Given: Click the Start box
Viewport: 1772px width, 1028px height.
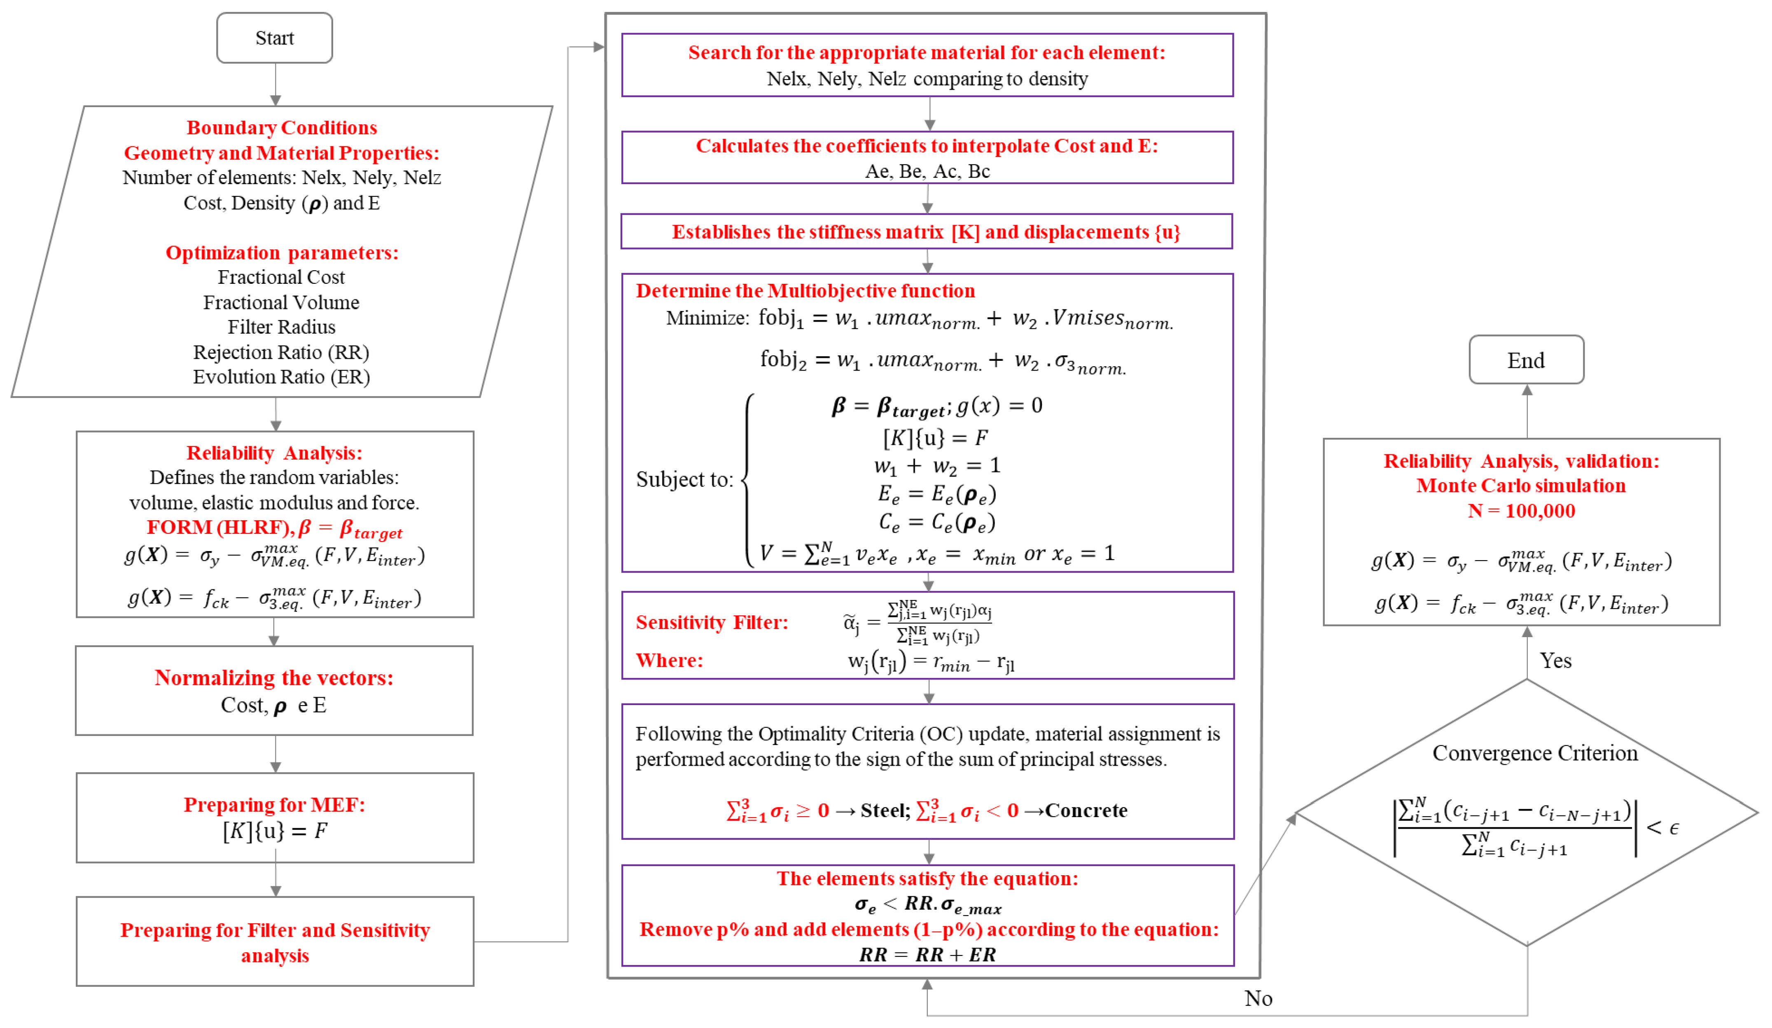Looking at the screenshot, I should (x=274, y=38).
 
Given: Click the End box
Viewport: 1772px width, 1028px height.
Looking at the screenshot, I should (x=1525, y=360).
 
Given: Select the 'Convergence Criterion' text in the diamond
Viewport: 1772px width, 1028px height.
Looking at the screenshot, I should (x=1534, y=753).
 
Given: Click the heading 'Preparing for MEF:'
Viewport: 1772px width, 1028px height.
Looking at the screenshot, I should (x=274, y=804).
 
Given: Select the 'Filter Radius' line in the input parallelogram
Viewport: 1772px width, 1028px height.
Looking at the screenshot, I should (x=281, y=327).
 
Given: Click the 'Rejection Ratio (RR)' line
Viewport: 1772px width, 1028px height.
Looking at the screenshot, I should (x=281, y=352).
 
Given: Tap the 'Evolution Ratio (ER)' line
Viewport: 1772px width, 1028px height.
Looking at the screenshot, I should (x=281, y=377).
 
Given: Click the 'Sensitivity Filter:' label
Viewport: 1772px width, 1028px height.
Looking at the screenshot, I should (x=712, y=622).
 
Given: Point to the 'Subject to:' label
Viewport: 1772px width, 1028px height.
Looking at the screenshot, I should (x=684, y=479).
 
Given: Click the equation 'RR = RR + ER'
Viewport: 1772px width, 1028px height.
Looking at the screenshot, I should (x=927, y=954).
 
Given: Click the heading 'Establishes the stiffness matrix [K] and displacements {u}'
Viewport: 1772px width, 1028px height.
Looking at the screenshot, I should (x=925, y=232).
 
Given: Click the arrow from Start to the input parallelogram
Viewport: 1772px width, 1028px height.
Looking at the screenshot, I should (x=275, y=84).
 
